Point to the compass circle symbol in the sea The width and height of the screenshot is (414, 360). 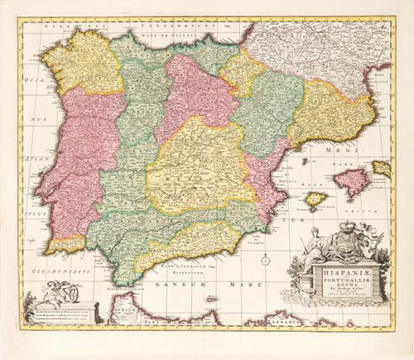[266, 260]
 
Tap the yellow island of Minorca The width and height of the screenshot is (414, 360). [382, 168]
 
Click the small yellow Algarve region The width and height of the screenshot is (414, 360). [65, 245]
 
